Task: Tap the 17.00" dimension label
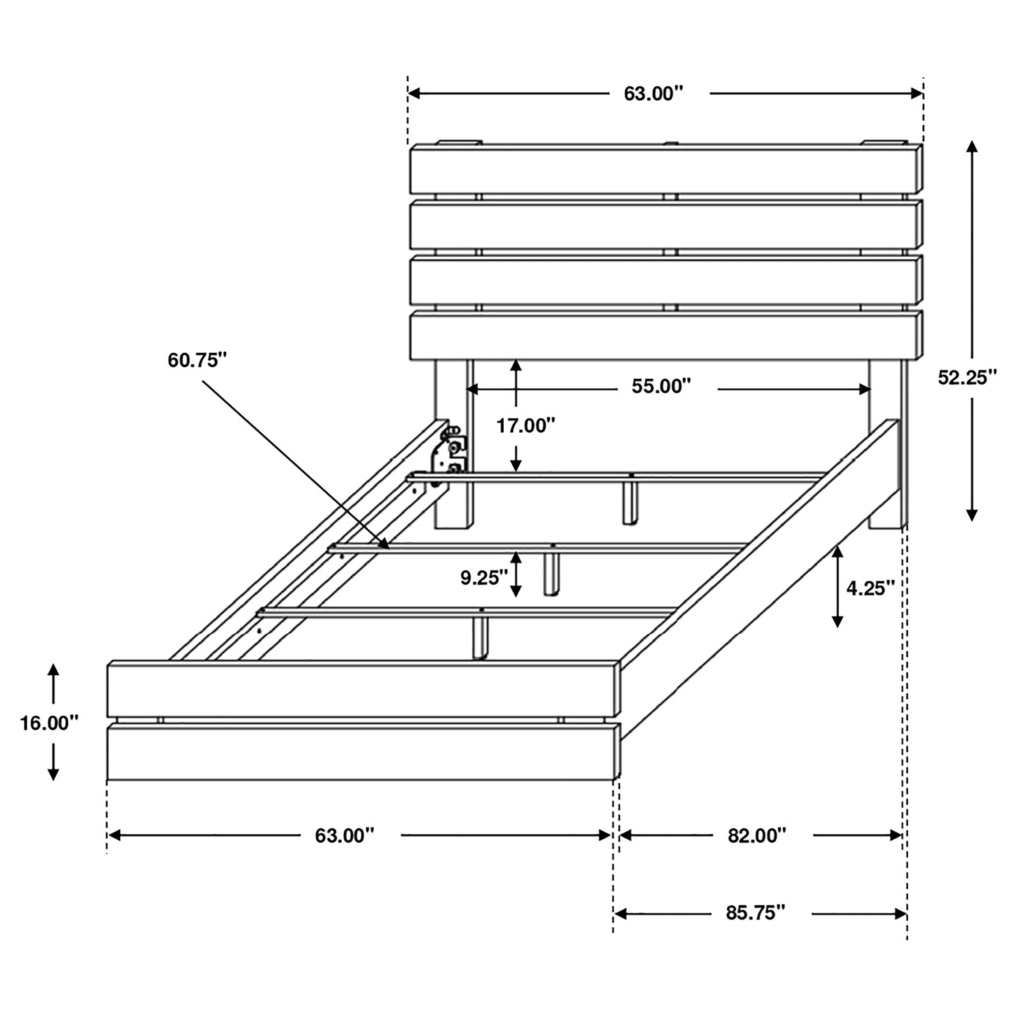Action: tap(525, 426)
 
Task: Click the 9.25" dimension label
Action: tap(484, 578)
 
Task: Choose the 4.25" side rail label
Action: tap(870, 588)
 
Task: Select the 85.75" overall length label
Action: tap(755, 912)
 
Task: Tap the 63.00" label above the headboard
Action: tap(653, 94)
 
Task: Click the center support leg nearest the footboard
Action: tap(480, 637)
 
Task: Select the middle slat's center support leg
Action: tap(552, 574)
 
